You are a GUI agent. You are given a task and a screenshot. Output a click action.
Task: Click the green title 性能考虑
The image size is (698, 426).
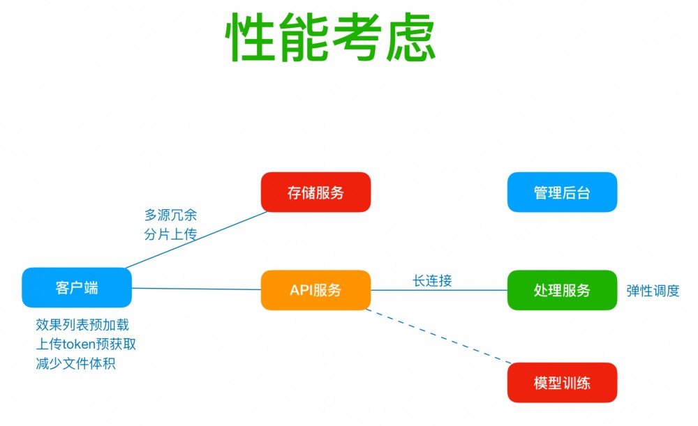331,38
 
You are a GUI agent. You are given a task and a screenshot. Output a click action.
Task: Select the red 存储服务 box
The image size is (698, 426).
315,192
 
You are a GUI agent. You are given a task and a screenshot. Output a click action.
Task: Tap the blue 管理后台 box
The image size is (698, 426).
562,192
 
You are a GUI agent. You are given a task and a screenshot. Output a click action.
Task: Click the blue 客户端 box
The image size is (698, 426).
77,288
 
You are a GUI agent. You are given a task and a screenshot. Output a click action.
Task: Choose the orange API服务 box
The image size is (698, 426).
315,290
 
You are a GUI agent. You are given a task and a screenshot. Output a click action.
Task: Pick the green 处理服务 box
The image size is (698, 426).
562,290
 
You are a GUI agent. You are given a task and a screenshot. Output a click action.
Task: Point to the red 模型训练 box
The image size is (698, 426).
562,383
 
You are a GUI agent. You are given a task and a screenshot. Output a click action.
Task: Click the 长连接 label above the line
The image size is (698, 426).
432,280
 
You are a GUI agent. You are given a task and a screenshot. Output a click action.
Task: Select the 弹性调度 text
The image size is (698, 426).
653,291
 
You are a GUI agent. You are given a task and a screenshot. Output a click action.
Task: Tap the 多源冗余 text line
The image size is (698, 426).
170,215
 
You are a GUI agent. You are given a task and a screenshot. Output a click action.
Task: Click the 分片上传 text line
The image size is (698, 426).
170,234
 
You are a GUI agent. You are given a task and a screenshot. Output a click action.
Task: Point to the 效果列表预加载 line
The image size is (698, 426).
82,325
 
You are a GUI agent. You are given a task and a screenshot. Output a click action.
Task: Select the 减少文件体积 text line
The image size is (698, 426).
75,363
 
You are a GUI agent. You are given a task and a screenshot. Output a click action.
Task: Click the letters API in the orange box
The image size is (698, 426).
302,290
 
